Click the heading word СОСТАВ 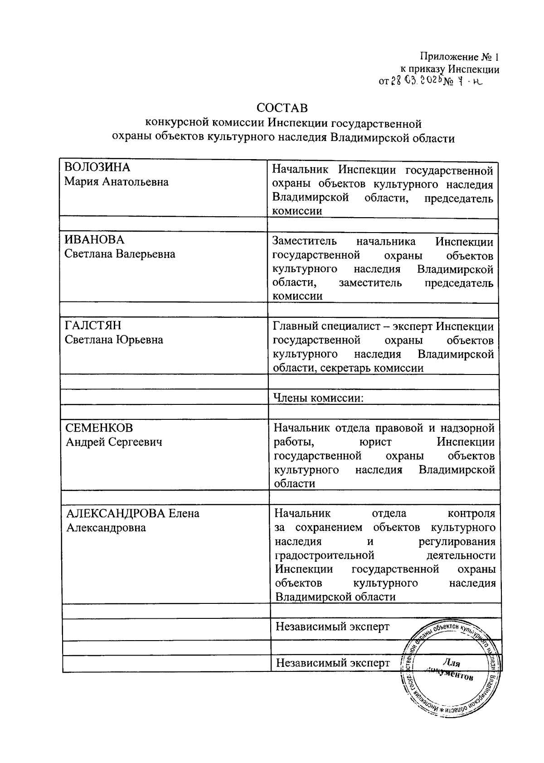[x=282, y=108]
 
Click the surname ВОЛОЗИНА [x=97, y=167]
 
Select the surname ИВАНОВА [x=94, y=240]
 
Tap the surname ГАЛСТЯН [x=92, y=326]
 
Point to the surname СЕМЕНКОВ [x=99, y=428]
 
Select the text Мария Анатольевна [x=116, y=182]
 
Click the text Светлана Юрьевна [x=114, y=340]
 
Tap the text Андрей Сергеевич [x=114, y=442]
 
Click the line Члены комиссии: [x=318, y=398]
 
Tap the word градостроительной [x=324, y=555]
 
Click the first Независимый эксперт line [x=332, y=627]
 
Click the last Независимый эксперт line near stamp [x=333, y=663]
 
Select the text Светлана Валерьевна [x=120, y=254]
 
